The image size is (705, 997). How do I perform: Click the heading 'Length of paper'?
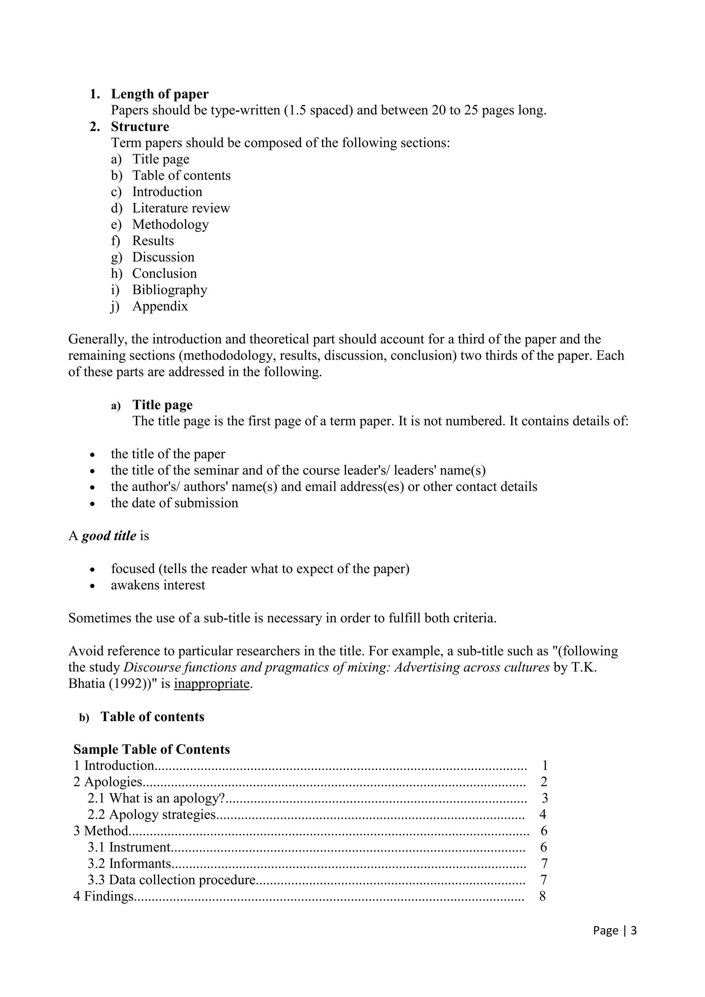tap(159, 94)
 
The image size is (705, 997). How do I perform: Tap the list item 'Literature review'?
tap(181, 208)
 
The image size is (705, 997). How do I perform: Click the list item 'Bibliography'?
tap(169, 290)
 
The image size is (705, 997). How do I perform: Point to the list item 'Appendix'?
tap(160, 306)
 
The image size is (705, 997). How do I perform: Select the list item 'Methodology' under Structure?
tap(170, 225)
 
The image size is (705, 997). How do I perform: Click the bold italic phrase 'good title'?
tap(109, 536)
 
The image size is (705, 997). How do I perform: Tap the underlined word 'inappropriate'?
tap(212, 684)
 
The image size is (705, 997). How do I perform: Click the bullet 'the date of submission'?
tap(174, 503)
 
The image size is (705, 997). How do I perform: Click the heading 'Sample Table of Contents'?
tap(151, 750)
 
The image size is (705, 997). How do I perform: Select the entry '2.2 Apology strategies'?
tap(151, 815)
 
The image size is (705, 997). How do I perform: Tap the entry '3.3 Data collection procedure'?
tap(171, 880)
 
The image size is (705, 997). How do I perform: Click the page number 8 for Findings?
tap(542, 896)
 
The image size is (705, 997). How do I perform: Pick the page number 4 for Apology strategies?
tap(543, 815)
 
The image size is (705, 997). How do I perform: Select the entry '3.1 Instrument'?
tap(129, 847)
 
